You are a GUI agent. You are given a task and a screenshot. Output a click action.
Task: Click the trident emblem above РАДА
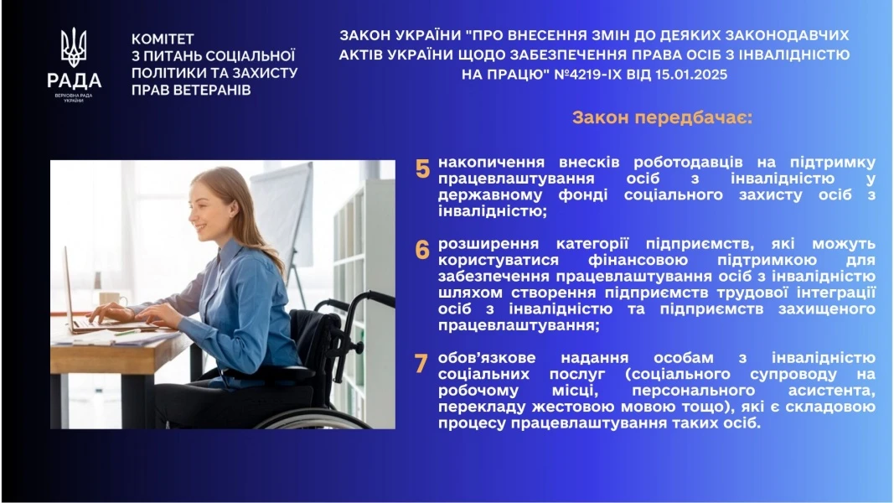[74, 48]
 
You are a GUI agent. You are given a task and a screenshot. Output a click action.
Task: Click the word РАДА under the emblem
[74, 81]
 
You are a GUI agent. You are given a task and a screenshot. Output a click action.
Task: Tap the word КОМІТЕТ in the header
[163, 39]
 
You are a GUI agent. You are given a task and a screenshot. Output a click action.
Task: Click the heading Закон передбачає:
[662, 117]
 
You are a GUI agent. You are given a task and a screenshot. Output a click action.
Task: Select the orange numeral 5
[422, 169]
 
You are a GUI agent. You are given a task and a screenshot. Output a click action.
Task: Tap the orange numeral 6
[422, 249]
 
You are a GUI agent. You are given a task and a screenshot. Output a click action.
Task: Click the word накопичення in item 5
[490, 161]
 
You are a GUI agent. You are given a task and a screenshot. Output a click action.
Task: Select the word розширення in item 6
[483, 243]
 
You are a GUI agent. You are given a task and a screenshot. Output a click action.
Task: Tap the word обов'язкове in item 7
[487, 358]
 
